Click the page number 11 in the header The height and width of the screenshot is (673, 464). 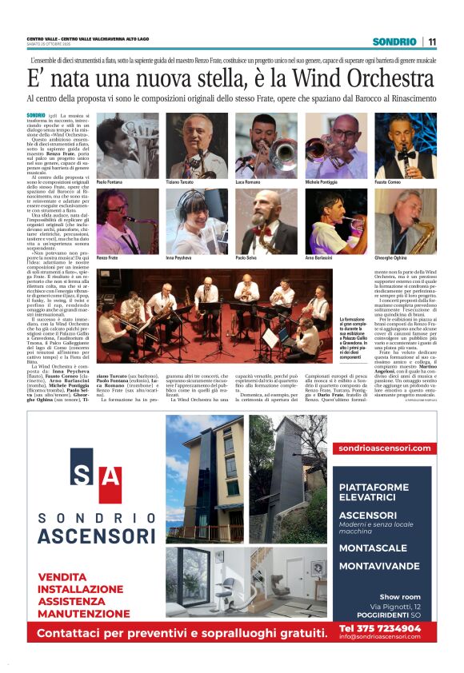point(432,42)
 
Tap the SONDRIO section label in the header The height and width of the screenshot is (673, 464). point(394,42)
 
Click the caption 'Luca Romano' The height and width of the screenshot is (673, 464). point(250,183)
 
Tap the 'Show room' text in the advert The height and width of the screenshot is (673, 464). point(400,596)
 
